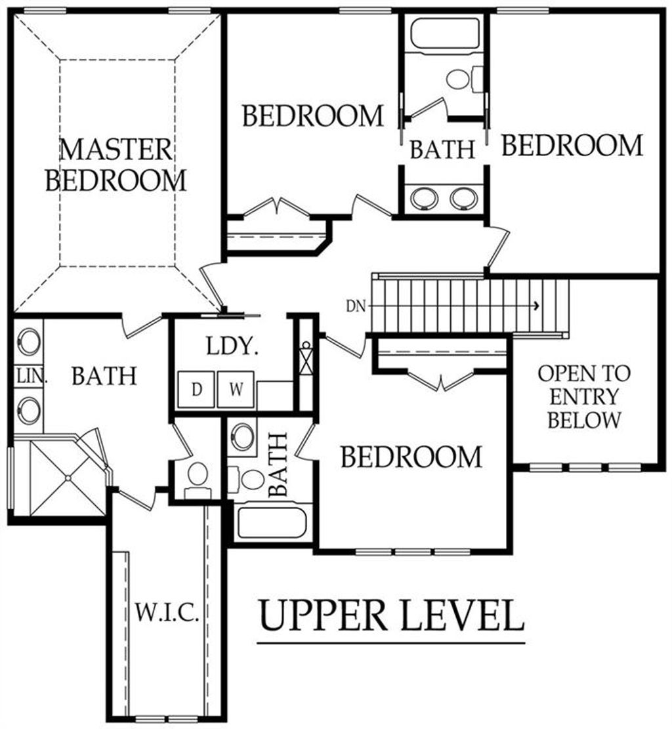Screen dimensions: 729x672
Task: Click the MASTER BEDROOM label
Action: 116,164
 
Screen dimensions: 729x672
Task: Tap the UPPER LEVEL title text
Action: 392,615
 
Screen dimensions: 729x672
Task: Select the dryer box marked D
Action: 196,389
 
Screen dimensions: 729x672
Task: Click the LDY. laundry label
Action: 230,346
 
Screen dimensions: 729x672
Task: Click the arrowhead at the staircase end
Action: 537,305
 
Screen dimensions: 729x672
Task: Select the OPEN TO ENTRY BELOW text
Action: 583,396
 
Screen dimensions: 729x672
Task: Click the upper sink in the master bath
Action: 28,341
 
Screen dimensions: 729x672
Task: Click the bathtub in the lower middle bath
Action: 272,522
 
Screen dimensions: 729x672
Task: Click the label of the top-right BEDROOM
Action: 572,145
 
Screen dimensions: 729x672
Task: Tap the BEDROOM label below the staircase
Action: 411,457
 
